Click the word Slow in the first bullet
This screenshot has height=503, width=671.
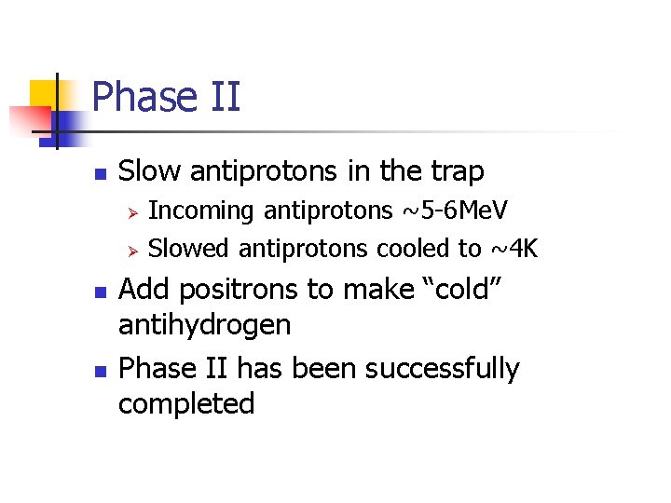(150, 171)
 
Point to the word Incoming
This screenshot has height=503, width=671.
(201, 211)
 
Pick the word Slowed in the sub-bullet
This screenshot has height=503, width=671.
(189, 248)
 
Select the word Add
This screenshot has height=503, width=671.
(142, 290)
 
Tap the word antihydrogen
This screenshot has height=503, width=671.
(205, 325)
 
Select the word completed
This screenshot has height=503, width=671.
(186, 404)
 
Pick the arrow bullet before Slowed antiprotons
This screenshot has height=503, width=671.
(132, 249)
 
